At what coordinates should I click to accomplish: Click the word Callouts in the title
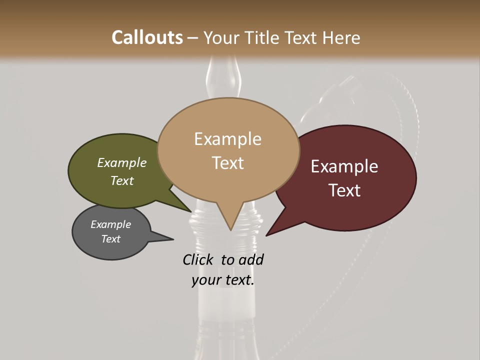point(147,37)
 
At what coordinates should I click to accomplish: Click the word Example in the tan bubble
point(227,139)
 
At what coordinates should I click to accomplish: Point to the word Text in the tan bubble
point(227,163)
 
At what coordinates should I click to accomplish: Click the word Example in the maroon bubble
point(344,166)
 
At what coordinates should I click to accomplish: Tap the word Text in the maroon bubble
point(344,190)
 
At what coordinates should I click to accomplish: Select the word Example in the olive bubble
point(122,163)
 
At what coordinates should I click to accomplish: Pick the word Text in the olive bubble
point(122,180)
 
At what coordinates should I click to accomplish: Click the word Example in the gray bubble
point(110,224)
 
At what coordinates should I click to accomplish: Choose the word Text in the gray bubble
point(110,239)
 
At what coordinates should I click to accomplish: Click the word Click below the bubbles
point(198,259)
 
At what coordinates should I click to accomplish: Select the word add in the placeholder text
point(250,259)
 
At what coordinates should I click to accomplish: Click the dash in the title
point(193,38)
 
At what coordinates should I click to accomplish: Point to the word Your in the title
point(221,37)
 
